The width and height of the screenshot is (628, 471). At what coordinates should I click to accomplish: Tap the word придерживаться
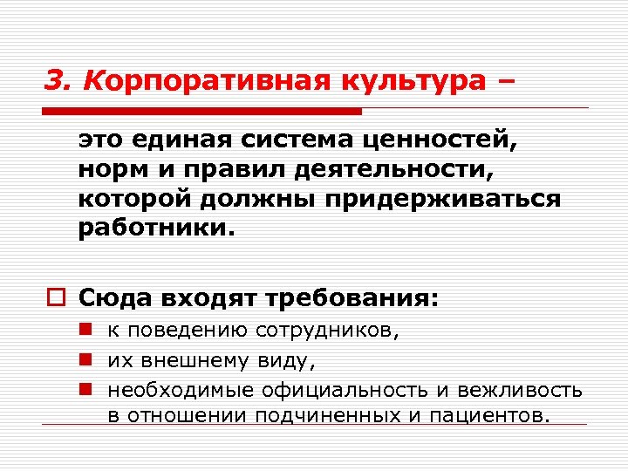(x=443, y=198)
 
